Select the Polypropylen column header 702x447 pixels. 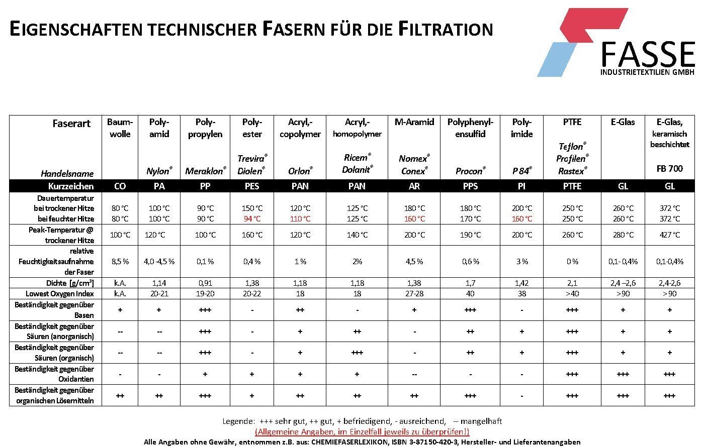click(205, 128)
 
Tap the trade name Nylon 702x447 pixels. click(158, 171)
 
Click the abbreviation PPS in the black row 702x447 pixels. click(470, 186)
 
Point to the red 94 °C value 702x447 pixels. click(252, 218)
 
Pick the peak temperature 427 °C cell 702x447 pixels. click(669, 235)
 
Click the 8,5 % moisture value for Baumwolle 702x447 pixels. click(120, 261)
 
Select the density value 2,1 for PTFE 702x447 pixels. click(572, 283)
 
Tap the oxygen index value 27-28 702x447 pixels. click(414, 294)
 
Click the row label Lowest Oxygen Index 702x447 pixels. click(60, 294)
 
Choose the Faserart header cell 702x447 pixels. click(72, 123)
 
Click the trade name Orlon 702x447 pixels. click(300, 171)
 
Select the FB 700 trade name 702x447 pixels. click(669, 169)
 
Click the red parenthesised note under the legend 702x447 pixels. click(362, 431)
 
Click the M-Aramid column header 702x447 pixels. click(414, 122)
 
